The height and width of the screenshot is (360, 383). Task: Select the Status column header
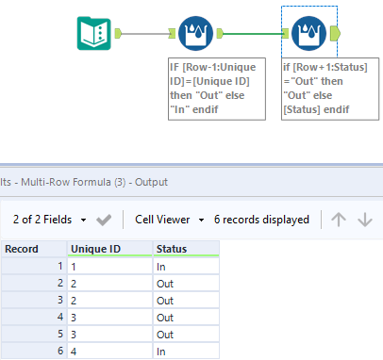[x=186, y=249]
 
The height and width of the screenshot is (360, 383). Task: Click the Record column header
[x=32, y=249]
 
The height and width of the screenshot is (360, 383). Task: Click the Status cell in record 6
[x=186, y=352]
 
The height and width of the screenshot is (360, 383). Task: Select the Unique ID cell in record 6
[x=110, y=352]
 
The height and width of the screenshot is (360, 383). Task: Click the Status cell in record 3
[x=186, y=301]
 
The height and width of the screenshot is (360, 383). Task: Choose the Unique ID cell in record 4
[x=110, y=318]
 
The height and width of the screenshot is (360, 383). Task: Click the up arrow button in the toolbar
[x=339, y=220]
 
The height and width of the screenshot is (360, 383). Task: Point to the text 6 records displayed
[x=261, y=220]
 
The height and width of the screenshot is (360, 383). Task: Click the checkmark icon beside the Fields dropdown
[x=105, y=220]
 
